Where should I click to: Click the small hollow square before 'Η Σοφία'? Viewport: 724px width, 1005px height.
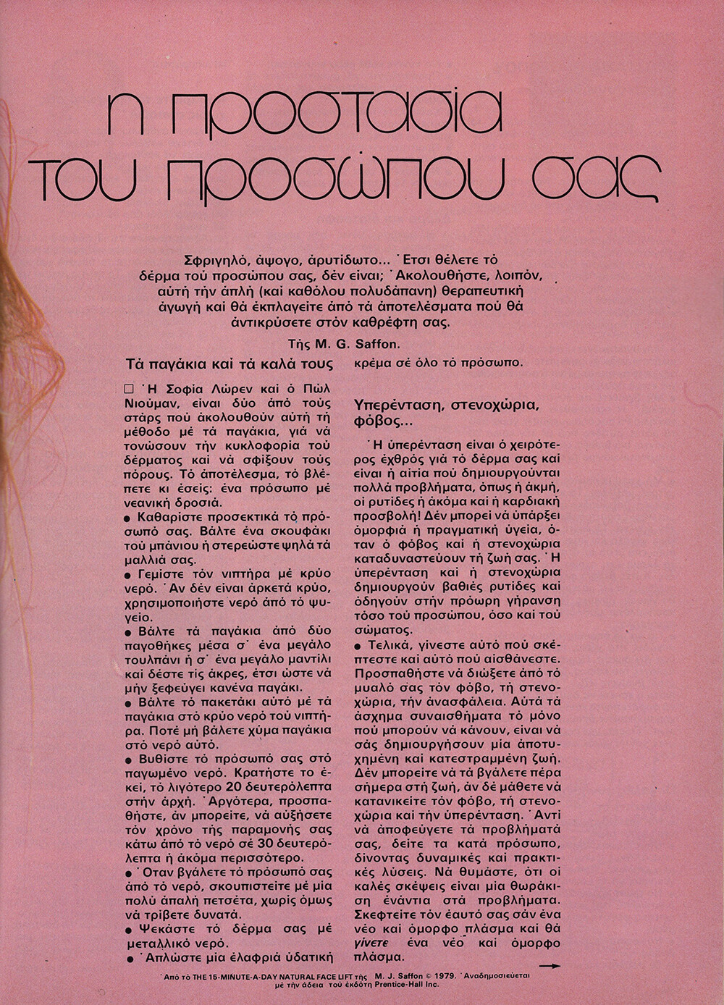point(129,389)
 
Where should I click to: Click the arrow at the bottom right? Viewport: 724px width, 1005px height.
point(551,965)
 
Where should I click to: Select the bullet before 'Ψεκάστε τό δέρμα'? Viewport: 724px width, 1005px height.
point(128,929)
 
